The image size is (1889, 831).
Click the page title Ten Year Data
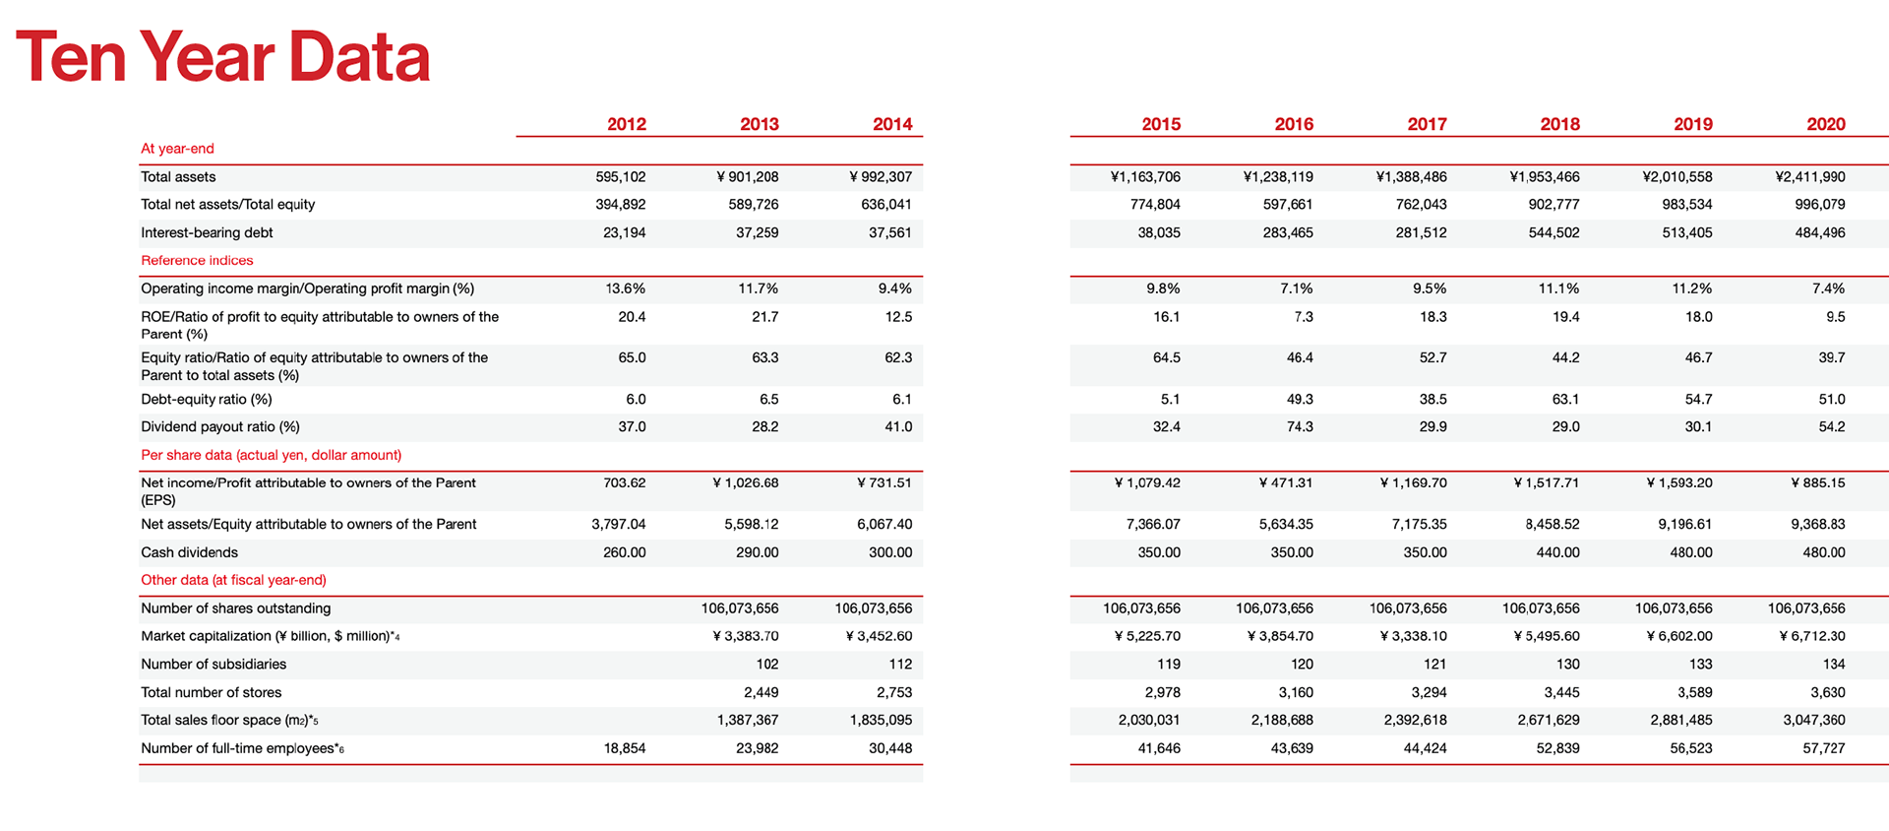[x=223, y=56]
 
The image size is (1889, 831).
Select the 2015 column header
[x=1161, y=124]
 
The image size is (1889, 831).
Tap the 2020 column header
[x=1826, y=124]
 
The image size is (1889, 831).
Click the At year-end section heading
[x=177, y=149]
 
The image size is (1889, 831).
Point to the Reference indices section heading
[x=197, y=260]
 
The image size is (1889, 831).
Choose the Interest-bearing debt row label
[x=207, y=232]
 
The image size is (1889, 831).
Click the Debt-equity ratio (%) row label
[x=207, y=399]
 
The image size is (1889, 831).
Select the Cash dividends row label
[x=189, y=552]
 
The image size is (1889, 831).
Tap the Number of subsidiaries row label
[x=213, y=665]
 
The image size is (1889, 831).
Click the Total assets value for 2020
[x=1810, y=177]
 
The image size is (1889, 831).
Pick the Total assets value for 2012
[x=621, y=177]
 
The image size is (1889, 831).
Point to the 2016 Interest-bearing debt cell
[x=1288, y=232]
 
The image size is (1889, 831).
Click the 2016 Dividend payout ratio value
[x=1300, y=426]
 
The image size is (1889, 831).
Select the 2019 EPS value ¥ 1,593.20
[x=1679, y=482]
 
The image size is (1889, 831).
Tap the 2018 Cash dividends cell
[x=1558, y=552]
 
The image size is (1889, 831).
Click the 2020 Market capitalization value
[x=1812, y=636]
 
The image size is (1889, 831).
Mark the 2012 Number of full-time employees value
[x=625, y=748]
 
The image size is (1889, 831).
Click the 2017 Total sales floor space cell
[x=1416, y=720]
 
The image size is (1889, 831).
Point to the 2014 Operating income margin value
[x=895, y=288]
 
